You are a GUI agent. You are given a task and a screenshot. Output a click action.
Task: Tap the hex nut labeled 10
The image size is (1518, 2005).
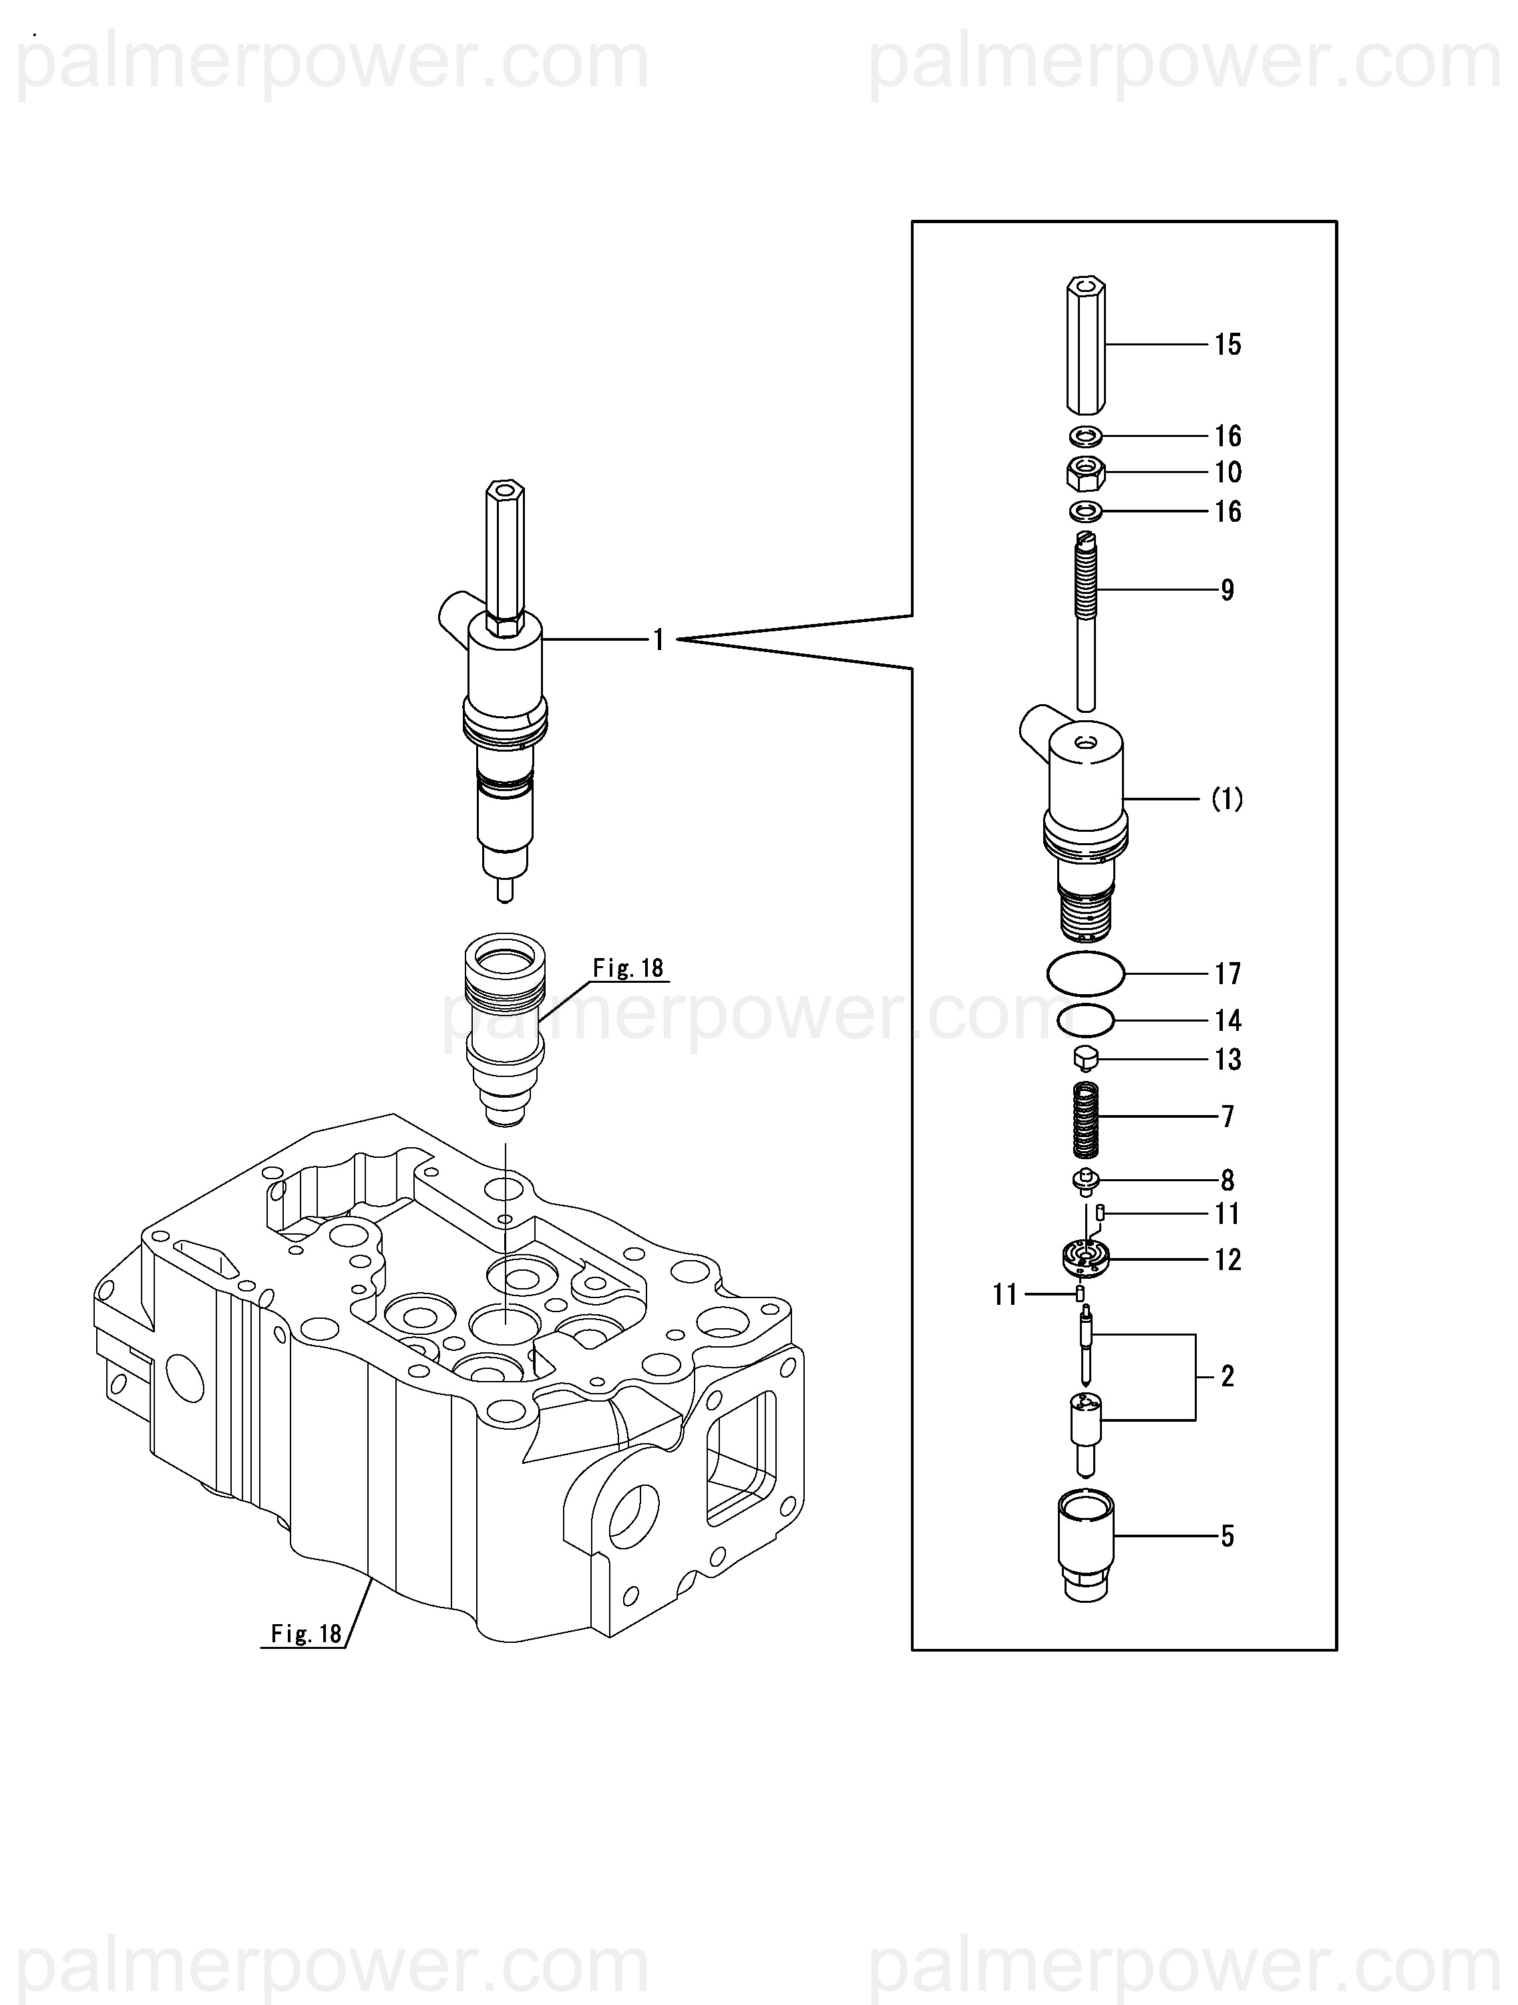coord(1085,472)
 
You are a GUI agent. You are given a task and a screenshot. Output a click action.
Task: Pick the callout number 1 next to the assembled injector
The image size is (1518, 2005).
coord(659,641)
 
